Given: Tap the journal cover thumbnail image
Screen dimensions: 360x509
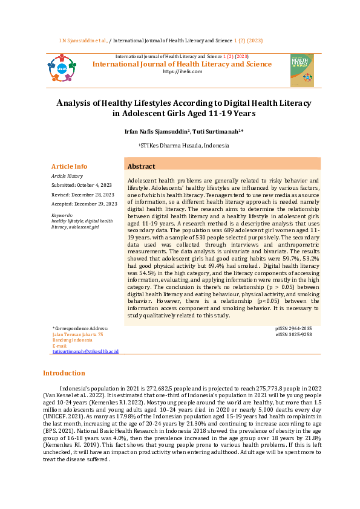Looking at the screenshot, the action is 302,70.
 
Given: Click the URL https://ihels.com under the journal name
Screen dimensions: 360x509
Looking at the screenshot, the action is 182,71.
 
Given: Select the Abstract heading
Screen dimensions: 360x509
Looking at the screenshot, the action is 141,166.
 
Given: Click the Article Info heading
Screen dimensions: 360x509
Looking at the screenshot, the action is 69,166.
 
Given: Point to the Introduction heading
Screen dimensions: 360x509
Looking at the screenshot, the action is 64,373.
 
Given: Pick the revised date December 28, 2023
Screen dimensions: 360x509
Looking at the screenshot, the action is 91,195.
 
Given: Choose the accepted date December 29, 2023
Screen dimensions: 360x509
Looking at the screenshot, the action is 93,204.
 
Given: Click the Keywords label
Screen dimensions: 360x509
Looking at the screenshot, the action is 62,215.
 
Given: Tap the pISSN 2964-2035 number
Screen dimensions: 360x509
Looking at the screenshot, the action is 293,328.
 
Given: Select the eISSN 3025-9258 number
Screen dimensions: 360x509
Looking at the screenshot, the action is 293,334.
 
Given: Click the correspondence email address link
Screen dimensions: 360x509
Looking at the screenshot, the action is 85,351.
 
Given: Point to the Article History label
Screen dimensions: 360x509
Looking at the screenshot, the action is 67,176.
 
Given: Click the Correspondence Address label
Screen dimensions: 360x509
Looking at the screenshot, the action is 81,328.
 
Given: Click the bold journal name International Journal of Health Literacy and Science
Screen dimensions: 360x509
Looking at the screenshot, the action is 182,64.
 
